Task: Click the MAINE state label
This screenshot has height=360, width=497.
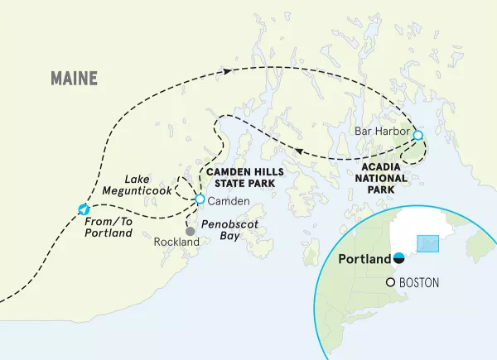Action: click(74, 79)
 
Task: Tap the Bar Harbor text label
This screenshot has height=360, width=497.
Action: click(381, 132)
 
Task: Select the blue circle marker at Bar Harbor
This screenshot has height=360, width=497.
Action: click(417, 135)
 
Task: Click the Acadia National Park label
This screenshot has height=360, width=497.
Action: click(380, 175)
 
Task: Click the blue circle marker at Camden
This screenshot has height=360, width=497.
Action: click(200, 199)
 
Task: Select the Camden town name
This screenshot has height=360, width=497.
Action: click(224, 200)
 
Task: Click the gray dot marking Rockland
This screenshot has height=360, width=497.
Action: click(190, 231)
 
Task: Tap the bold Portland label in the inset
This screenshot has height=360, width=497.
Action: click(364, 258)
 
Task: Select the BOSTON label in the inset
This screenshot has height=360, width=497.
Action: click(419, 283)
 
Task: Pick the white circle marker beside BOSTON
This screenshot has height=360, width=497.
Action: click(391, 283)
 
